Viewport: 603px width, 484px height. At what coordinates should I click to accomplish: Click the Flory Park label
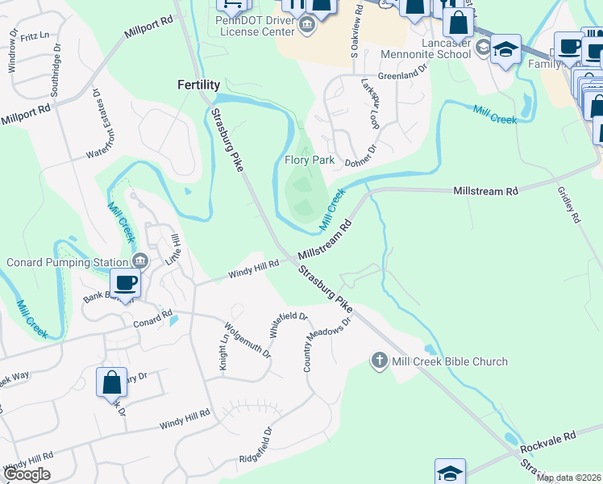(x=310, y=160)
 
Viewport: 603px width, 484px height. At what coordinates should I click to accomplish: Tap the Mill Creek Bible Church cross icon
(x=380, y=361)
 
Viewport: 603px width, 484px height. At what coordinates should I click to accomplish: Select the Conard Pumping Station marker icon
(x=139, y=261)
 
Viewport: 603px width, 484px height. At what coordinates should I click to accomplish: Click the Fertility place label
(x=198, y=84)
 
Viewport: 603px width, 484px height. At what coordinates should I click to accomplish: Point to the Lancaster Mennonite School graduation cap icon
(x=505, y=50)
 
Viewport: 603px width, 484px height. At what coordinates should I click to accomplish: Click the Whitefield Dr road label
(x=289, y=325)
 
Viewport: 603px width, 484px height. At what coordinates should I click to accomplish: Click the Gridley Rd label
(x=568, y=205)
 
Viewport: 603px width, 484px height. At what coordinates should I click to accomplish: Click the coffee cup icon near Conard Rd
(x=125, y=283)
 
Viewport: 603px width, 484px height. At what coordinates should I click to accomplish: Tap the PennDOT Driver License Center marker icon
(x=306, y=26)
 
